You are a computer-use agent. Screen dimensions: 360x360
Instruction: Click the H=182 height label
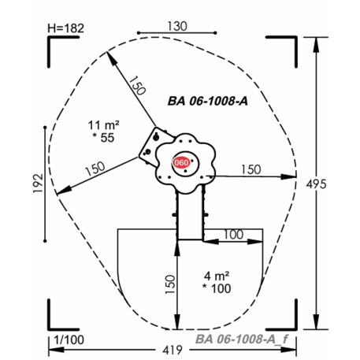pos(65,28)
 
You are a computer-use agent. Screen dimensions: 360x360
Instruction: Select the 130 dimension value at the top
pos(177,26)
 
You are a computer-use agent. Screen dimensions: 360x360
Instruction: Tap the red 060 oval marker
pos(181,162)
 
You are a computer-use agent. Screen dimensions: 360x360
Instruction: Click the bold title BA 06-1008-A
pos(208,101)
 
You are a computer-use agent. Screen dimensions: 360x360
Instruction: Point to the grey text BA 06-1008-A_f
pos(242,339)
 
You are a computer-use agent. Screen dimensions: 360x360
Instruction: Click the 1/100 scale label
pos(69,340)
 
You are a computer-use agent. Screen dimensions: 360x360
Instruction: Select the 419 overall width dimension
pos(173,350)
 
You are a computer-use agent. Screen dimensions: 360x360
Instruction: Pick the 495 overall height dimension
pos(317,184)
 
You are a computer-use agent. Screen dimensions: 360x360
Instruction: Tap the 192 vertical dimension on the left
pos(38,183)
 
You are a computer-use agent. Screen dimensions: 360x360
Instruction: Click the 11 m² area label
pos(103,125)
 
